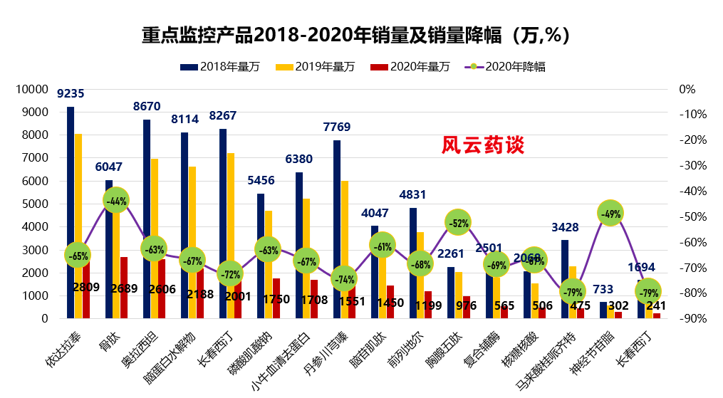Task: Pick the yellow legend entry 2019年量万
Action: [325, 67]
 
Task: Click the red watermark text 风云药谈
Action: [483, 145]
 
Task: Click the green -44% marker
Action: [116, 201]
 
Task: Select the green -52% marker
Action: [459, 223]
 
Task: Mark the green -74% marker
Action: [345, 279]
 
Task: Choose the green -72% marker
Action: [230, 273]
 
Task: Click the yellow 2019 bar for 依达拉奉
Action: [78, 214]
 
